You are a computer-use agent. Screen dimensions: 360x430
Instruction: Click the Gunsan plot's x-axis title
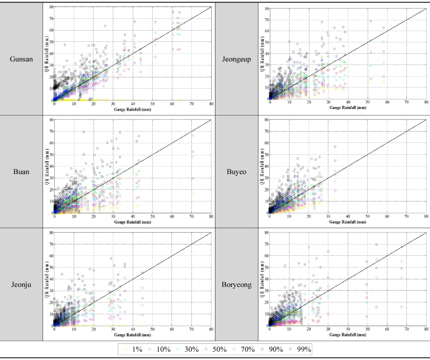pyautogui.click(x=133, y=109)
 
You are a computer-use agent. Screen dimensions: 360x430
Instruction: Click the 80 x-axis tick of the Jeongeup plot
pyautogui.click(x=426, y=104)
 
